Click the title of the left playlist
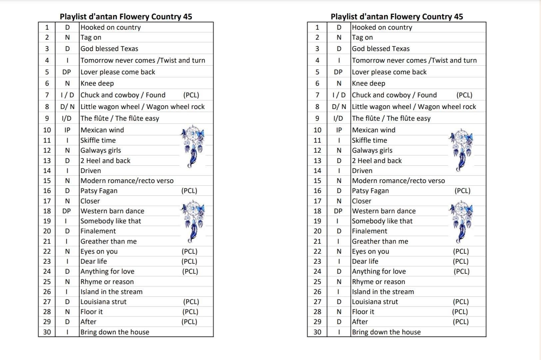coord(126,17)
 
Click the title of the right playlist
coord(397,17)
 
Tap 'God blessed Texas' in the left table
coord(109,49)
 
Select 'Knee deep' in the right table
coord(368,83)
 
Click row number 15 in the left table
coord(47,181)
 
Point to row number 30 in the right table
coord(317,332)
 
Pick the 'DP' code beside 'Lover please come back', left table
coord(67,72)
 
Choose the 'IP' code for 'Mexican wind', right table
coord(339,130)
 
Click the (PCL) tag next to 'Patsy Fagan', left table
coord(189,191)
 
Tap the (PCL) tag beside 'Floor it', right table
coord(460,312)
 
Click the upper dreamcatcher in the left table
coord(193,146)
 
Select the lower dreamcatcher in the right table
coord(461,221)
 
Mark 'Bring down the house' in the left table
coord(115,332)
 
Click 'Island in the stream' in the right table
coord(383,292)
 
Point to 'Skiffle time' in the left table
coord(98,140)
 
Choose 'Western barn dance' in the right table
coord(384,211)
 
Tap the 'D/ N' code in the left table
coord(67,107)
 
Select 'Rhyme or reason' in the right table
coord(378,282)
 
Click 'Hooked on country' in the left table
coord(111,27)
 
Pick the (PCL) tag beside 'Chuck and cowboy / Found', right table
coord(464,95)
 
